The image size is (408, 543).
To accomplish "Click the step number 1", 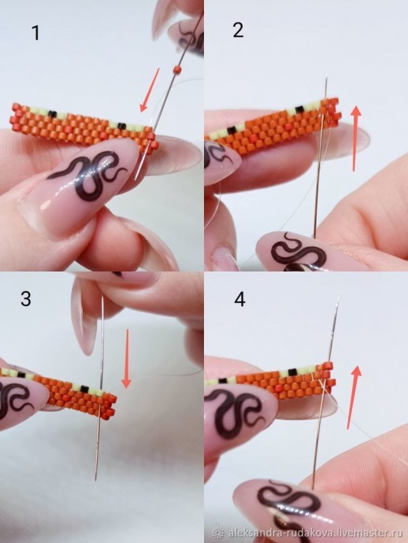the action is [x=35, y=33].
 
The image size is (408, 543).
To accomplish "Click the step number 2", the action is [x=238, y=30].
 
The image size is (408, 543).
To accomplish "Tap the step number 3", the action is [x=26, y=298].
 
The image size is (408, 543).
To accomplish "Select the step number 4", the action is [x=240, y=300].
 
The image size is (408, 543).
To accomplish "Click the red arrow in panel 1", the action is [x=150, y=90].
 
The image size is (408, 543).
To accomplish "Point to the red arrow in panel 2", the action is [x=356, y=139].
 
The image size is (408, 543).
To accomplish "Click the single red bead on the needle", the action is [x=178, y=69].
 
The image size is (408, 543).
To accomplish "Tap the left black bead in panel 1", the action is [x=52, y=113].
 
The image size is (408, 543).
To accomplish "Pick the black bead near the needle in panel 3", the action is [x=84, y=388].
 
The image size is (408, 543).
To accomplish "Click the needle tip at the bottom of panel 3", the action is [x=95, y=479].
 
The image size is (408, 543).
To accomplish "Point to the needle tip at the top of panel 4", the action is [x=338, y=298].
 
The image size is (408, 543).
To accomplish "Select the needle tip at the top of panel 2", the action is [x=327, y=78].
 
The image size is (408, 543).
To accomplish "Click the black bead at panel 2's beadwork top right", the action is [x=298, y=109].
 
